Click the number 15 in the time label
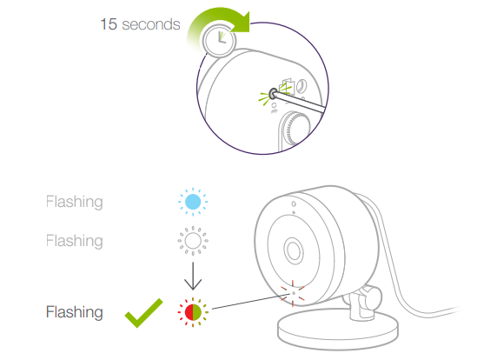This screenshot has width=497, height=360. [x=109, y=24]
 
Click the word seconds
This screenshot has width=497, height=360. [x=151, y=24]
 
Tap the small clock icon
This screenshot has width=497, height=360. [x=219, y=41]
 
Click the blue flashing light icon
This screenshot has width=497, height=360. [x=193, y=202]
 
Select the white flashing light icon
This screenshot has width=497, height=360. [x=193, y=241]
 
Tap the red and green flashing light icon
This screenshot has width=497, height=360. [x=193, y=312]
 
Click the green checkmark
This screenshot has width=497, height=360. [x=143, y=313]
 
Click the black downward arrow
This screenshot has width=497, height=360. [x=193, y=276]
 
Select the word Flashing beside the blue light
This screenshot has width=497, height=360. [x=75, y=202]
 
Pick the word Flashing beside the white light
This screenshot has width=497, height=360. [x=75, y=241]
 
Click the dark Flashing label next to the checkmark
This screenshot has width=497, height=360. [x=75, y=312]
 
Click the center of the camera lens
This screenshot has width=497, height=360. [x=294, y=250]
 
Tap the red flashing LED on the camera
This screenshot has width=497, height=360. [x=293, y=294]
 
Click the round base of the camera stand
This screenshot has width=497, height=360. [x=338, y=330]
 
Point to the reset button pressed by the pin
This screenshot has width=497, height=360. [x=272, y=94]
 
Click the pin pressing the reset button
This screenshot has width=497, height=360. [x=299, y=102]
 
